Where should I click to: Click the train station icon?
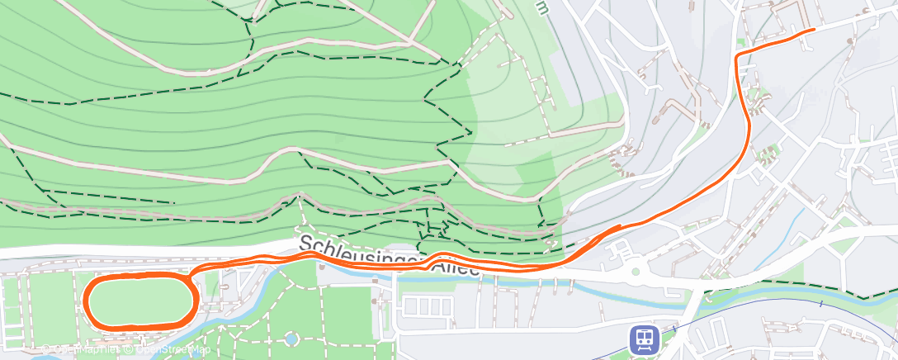coord(643,339)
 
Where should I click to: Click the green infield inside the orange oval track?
coord(139,300)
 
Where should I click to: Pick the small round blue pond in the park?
coord(291,339)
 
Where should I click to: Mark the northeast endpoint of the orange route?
coord(814,30)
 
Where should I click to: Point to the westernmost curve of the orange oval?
coord(86,300)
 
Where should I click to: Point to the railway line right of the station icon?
coord(743,322)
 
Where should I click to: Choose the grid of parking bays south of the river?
coord(426,307)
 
